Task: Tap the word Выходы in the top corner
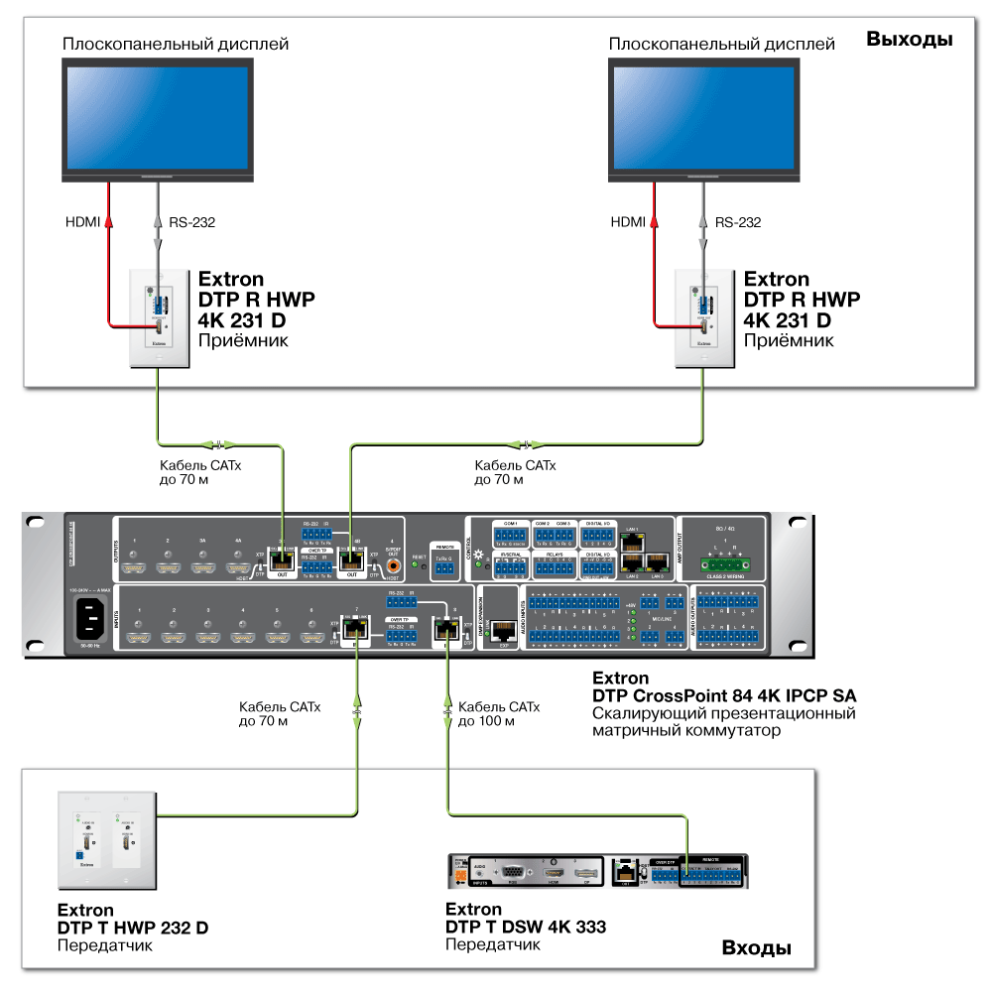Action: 909,40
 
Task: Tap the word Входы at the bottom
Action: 756,948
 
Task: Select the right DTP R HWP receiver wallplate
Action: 703,314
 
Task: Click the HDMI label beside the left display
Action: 80,222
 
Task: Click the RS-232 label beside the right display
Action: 737,222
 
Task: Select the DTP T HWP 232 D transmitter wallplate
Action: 104,835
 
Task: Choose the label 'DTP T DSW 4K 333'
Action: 526,928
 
